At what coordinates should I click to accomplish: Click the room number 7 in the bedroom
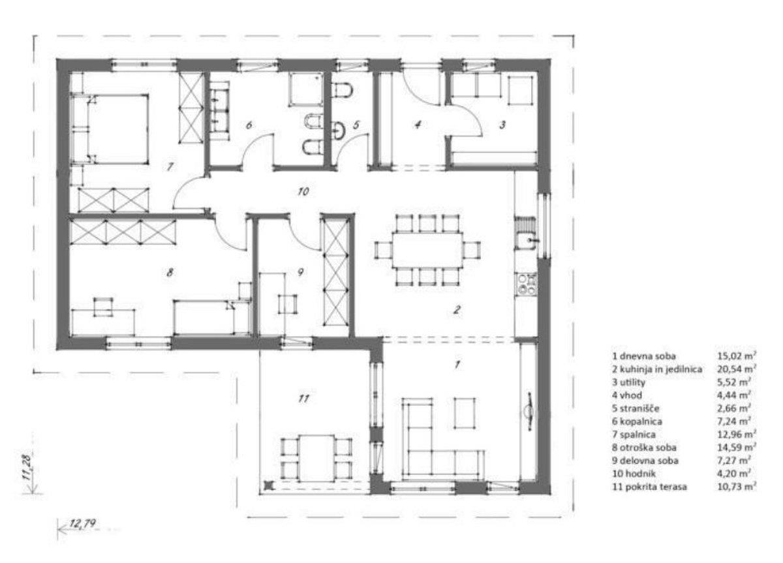(x=170, y=167)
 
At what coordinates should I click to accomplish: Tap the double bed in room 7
(x=110, y=129)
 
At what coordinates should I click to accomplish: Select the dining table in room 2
(x=427, y=250)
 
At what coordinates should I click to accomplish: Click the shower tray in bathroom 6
(x=305, y=89)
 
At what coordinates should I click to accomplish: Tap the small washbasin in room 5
(x=338, y=130)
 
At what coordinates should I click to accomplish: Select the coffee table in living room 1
(x=465, y=413)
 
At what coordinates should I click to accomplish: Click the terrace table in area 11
(x=316, y=457)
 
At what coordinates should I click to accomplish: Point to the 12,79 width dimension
(x=82, y=523)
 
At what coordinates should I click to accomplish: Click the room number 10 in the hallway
(x=303, y=191)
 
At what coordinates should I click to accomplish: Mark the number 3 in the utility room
(x=502, y=125)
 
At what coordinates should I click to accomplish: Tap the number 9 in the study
(x=301, y=272)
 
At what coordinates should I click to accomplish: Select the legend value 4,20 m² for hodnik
(x=734, y=474)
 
